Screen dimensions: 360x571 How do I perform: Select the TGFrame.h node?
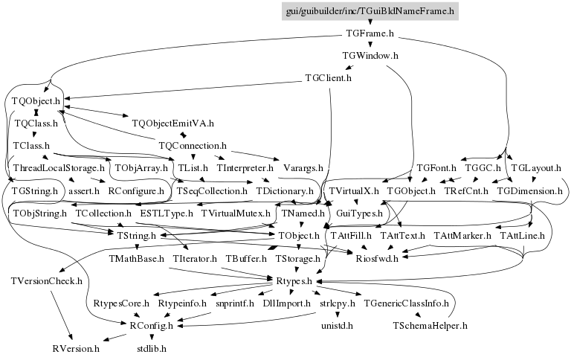[370, 34]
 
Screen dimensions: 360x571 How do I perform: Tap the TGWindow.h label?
[370, 56]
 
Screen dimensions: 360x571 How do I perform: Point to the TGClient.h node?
[328, 77]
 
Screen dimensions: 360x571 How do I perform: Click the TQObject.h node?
[36, 100]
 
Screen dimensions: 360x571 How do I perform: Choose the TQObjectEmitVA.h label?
[172, 123]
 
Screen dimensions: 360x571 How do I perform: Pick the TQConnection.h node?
[193, 145]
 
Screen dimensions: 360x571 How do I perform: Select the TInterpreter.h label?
[245, 168]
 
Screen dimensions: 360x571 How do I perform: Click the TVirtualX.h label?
[354, 191]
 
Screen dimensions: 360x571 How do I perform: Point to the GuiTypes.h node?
[359, 213]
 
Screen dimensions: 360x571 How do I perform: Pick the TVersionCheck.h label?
[46, 281]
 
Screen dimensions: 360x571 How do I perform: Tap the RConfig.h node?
[152, 325]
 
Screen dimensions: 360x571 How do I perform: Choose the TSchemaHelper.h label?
[430, 325]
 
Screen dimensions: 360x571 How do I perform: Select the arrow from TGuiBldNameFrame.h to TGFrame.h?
[370, 23]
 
